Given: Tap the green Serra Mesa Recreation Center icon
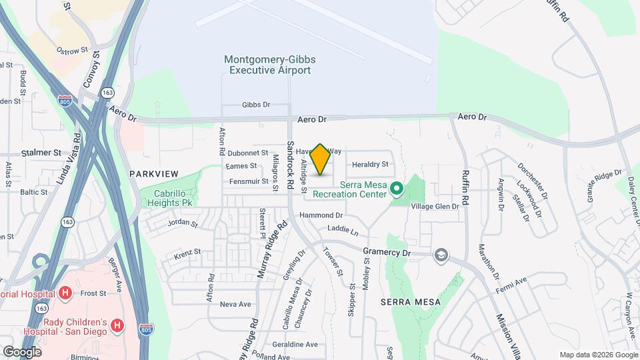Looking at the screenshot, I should coord(397,189).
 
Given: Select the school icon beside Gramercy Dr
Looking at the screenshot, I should coord(440,255).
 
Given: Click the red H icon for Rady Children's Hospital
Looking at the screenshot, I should coord(116,325).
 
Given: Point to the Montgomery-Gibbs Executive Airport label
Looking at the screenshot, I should coord(269,65).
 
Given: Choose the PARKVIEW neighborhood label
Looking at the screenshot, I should coord(154,173).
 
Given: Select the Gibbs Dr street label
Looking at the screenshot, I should coord(256,105).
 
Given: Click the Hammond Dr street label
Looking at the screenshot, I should coord(321,215).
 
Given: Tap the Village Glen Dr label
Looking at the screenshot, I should coord(435,207).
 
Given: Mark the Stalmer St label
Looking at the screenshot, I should coord(41,153).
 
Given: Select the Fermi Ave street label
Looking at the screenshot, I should coord(511,281).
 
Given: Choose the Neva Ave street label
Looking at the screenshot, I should coord(235,304).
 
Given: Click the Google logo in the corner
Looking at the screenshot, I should coord(22,351).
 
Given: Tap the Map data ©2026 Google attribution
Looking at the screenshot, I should coord(598,355).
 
